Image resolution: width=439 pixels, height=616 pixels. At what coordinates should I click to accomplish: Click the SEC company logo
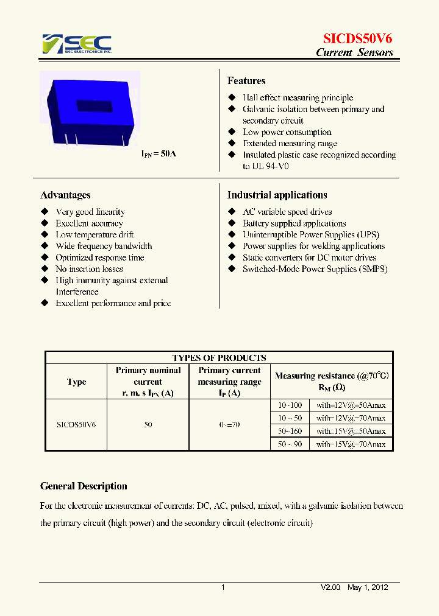[77, 44]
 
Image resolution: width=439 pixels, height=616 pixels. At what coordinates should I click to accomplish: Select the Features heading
[246, 80]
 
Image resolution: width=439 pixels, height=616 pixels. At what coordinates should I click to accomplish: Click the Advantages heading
[65, 195]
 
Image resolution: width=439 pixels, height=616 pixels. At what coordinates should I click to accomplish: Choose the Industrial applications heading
[277, 195]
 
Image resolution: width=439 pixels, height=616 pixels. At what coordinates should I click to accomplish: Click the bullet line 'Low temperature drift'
[95, 234]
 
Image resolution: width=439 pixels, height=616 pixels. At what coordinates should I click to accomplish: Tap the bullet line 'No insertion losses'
[89, 268]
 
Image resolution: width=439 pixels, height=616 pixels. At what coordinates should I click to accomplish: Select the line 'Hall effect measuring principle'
[298, 97]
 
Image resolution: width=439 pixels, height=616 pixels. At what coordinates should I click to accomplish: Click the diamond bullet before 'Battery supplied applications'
[232, 223]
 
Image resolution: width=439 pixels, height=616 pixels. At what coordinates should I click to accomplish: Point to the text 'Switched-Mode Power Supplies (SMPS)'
[315, 268]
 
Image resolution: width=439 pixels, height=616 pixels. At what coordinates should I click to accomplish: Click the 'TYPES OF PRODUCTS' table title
[219, 358]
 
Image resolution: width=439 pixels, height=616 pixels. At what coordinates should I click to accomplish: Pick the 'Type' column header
[76, 382]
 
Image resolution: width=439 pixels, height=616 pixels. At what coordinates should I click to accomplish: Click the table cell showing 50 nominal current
[148, 424]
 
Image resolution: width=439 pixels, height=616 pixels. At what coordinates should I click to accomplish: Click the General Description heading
[84, 486]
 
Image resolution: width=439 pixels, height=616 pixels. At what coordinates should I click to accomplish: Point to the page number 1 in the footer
[223, 587]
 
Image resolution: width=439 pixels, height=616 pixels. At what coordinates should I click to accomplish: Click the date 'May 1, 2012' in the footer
[368, 587]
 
